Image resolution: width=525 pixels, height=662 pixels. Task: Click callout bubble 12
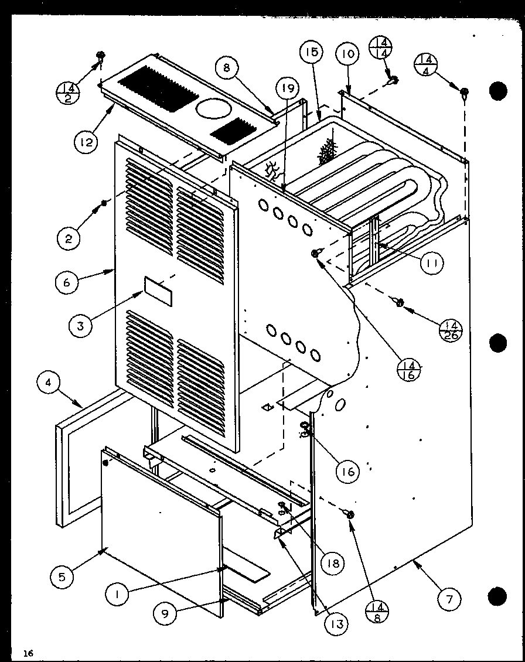tap(86, 141)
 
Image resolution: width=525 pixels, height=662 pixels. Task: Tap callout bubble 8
tap(227, 67)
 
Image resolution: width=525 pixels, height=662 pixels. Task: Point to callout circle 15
tap(311, 53)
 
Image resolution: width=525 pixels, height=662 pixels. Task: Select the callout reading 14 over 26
tap(451, 330)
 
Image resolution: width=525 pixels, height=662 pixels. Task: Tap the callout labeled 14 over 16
tap(409, 370)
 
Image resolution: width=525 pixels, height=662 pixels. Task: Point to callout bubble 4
tap(48, 385)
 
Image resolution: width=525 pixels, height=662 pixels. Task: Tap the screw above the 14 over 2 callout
tap(101, 57)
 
